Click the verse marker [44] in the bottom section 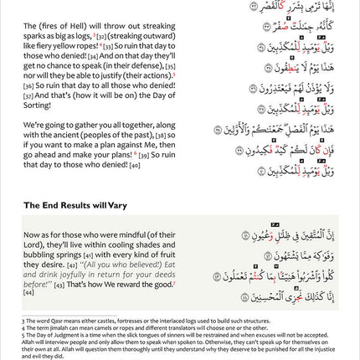28,292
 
